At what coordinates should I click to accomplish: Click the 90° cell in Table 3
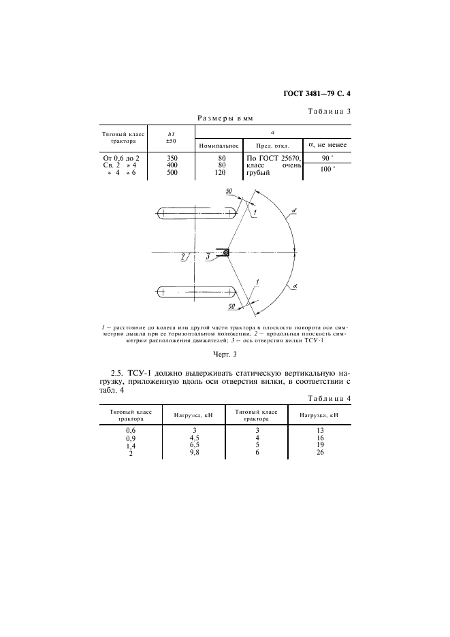[x=327, y=158]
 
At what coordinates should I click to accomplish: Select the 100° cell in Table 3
[x=327, y=169]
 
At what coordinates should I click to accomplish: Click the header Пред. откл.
[x=272, y=145]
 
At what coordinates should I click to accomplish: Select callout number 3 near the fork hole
[x=208, y=257]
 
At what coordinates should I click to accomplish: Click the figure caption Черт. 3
[x=224, y=354]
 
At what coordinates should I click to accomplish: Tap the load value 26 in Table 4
[x=319, y=453]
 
